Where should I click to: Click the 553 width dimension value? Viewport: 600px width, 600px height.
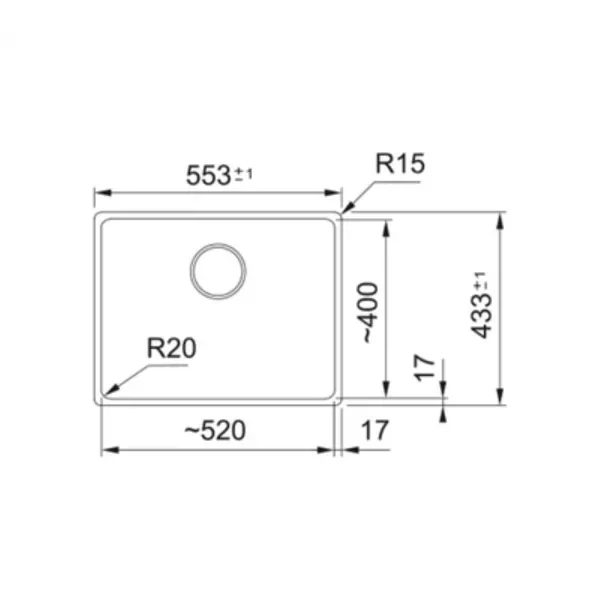tap(208, 175)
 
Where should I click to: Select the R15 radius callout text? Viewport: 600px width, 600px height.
tap(400, 163)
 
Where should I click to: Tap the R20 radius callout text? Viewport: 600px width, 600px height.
tap(171, 348)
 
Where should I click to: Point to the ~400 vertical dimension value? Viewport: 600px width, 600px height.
tap(370, 312)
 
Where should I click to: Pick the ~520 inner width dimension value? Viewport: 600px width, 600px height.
tap(215, 430)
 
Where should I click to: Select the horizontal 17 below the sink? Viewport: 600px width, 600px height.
tap(375, 430)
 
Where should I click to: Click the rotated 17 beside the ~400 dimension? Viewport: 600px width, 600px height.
tap(425, 368)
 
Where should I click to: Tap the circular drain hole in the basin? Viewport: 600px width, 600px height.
tap(218, 271)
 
